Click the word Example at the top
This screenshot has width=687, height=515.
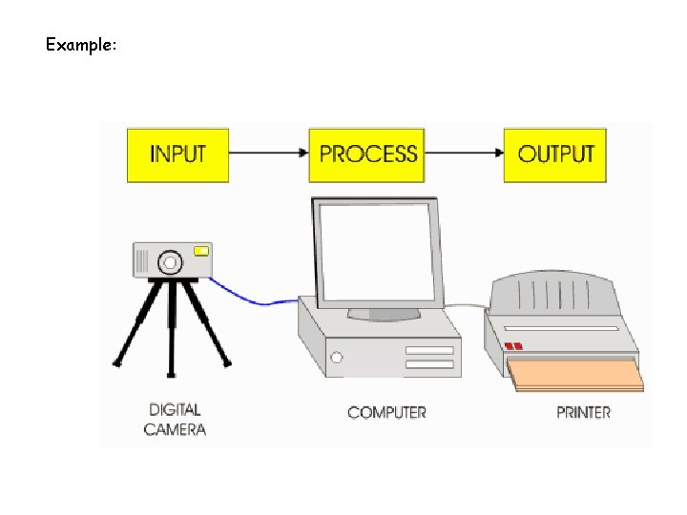[x=80, y=44]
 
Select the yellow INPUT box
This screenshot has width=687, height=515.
[x=177, y=154]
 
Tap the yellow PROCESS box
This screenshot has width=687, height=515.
[x=368, y=154]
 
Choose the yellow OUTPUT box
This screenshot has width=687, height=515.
[x=555, y=154]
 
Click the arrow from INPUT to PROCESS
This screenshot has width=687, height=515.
[x=269, y=153]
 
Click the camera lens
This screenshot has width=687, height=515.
[x=170, y=260]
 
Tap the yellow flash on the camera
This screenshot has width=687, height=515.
[x=201, y=251]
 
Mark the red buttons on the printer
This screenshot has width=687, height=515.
[x=514, y=345]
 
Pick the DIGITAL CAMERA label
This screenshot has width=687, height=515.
[x=175, y=420]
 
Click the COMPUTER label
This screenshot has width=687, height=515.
[x=386, y=412]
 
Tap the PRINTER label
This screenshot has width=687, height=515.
[x=583, y=412]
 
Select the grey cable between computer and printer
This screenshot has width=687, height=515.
[x=468, y=307]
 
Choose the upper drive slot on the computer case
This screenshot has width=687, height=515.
[x=429, y=350]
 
